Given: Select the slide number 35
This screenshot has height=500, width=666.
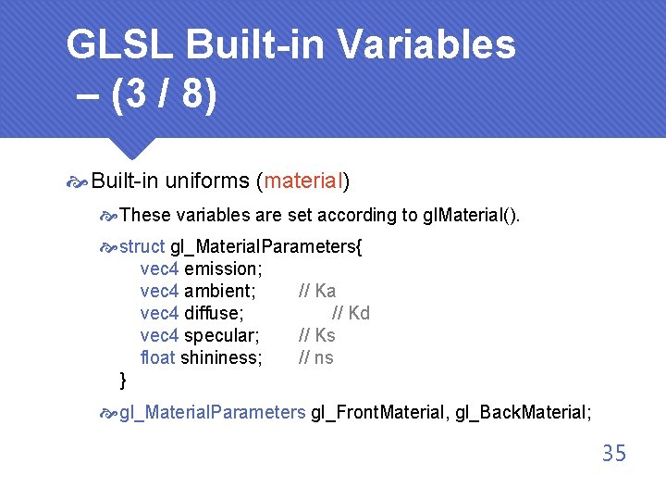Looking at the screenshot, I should click(613, 454).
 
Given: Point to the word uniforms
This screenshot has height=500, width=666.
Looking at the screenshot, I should click(207, 181).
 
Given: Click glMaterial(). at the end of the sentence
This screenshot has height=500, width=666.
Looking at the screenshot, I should click(472, 215).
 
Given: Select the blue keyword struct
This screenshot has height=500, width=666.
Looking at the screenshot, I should click(142, 246).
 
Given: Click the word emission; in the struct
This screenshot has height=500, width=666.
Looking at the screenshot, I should click(223, 269).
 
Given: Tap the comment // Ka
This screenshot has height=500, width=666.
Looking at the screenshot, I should click(317, 291).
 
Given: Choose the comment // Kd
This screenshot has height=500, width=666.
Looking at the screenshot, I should click(351, 313).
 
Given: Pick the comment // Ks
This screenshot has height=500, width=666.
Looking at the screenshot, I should click(317, 335).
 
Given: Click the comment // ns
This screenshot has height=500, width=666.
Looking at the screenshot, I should click(316, 357).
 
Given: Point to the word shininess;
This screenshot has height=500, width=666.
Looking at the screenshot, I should click(222, 357).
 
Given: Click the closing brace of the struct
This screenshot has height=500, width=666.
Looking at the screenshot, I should click(124, 380).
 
